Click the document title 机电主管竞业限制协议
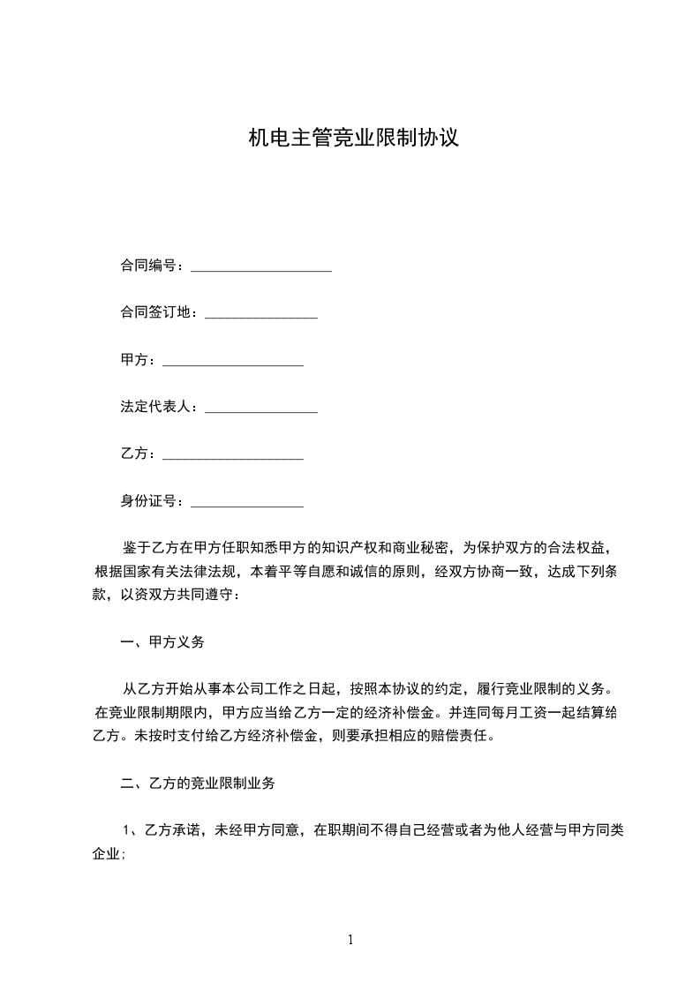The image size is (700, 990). click(352, 139)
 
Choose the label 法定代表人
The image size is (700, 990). click(158, 408)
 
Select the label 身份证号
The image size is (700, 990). click(151, 502)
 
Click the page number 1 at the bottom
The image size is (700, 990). click(350, 940)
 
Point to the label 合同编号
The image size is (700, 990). click(151, 265)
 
